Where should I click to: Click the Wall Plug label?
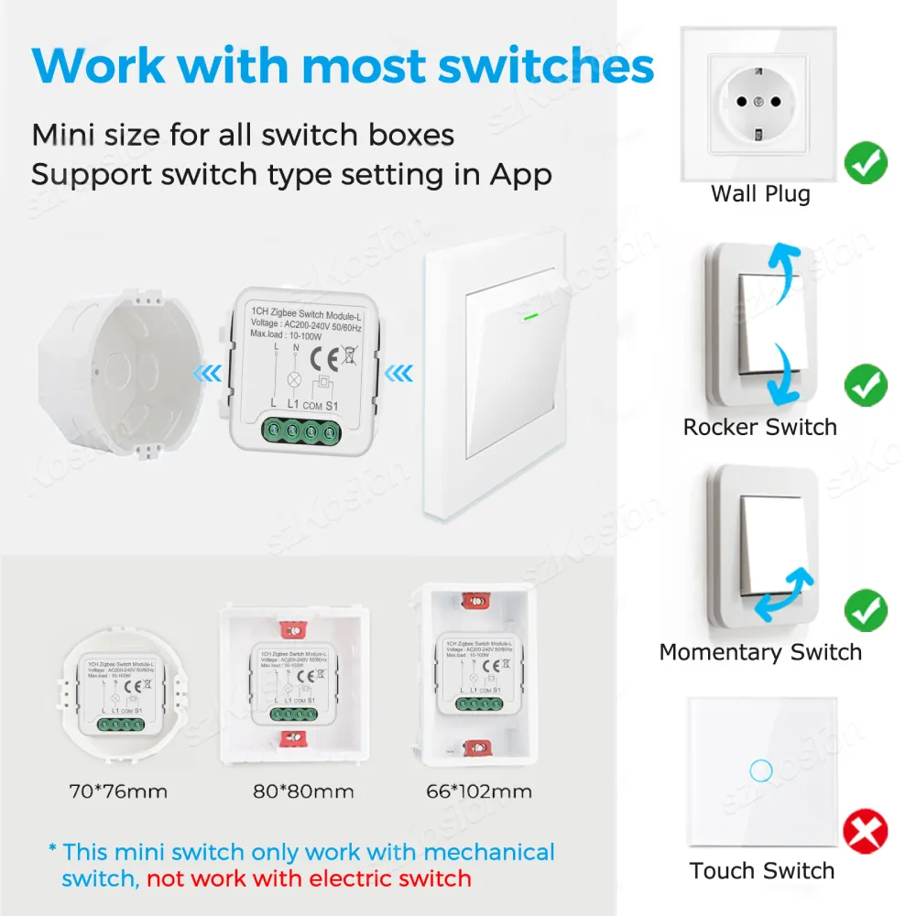point(760,194)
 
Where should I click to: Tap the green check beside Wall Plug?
point(866,162)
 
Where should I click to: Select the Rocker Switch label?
point(760,427)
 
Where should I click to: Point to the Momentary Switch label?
point(760,652)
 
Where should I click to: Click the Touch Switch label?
point(762,870)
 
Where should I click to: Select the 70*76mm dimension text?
point(119,791)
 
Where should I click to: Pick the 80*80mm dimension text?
point(302,791)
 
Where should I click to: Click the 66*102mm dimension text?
point(479,791)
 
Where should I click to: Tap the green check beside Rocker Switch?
point(866,385)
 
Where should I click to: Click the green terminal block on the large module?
point(304,431)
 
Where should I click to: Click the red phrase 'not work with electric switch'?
point(309,878)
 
